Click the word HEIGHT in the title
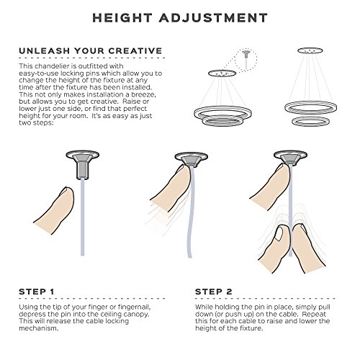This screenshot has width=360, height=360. [122, 18]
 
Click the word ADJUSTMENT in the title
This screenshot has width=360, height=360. [213, 18]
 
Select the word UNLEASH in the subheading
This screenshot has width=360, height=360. [45, 51]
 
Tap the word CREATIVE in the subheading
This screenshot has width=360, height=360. [135, 51]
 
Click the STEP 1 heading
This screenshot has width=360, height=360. [37, 292]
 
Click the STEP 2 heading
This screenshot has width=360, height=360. [214, 292]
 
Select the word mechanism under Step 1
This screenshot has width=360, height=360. [39, 328]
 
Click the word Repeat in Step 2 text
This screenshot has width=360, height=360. [314, 314]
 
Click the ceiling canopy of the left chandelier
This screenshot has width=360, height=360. [222, 73]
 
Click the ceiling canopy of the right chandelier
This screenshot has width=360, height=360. [310, 50]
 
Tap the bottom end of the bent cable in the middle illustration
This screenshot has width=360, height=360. [189, 257]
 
